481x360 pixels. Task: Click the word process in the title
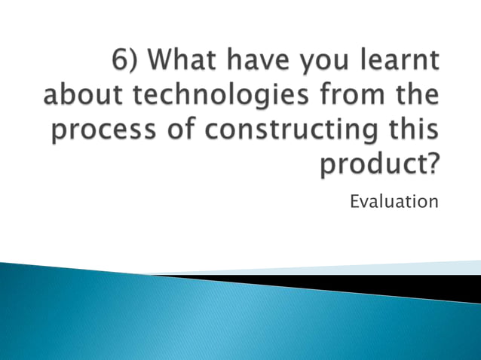[x=106, y=132]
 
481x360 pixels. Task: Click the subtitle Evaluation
[x=394, y=201]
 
